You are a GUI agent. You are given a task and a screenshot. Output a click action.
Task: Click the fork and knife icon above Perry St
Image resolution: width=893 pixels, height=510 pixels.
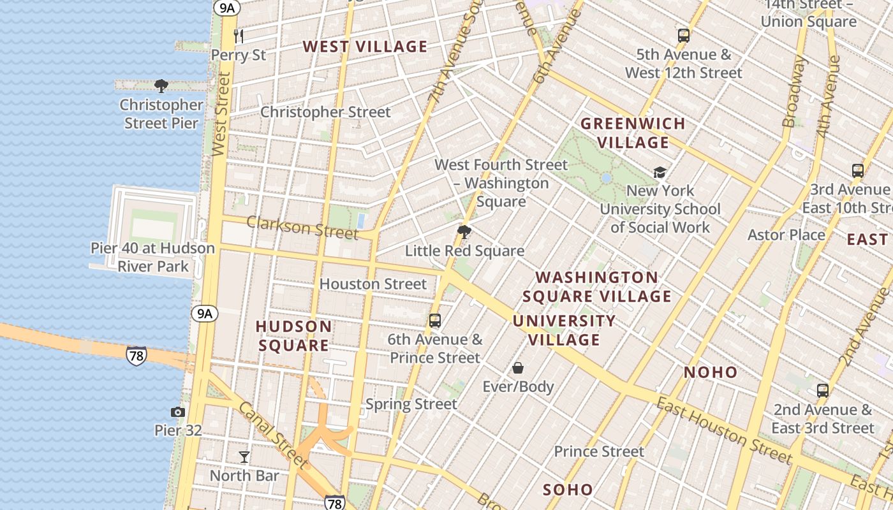(239, 36)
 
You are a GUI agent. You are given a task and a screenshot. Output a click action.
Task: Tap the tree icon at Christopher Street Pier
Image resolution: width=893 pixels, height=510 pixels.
(161, 86)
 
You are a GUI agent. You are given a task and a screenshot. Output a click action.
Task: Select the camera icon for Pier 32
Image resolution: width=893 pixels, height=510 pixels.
(178, 412)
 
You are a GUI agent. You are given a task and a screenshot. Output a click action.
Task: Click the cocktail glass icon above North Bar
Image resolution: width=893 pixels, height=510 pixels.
(244, 456)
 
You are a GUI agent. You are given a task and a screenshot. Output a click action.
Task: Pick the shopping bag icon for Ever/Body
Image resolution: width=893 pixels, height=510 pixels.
(518, 368)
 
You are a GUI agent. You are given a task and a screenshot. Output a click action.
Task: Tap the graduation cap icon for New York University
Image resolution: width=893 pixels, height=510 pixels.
(660, 172)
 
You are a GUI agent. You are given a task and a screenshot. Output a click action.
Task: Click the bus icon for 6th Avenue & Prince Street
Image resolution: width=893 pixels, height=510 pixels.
(435, 321)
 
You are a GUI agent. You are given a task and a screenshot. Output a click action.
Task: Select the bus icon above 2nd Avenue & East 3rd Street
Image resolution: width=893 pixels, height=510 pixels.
(823, 390)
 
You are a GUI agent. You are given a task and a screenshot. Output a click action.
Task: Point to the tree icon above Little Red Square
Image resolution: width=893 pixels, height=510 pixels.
(464, 232)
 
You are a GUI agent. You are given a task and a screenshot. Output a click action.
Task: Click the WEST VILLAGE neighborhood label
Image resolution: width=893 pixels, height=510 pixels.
(365, 47)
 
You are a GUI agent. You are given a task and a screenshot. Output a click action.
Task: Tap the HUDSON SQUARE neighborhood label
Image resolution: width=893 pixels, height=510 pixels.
(293, 336)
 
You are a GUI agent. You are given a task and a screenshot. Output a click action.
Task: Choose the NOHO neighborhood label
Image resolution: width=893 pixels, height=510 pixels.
(711, 372)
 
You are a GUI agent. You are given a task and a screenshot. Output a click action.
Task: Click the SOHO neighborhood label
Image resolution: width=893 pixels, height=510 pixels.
(568, 490)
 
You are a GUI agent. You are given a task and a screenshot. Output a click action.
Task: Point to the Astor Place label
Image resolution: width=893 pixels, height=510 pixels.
(786, 235)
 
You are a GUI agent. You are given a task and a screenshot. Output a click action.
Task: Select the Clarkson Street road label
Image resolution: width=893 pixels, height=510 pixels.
(302, 227)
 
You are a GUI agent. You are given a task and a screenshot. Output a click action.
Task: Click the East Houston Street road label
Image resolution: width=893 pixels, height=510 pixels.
(723, 430)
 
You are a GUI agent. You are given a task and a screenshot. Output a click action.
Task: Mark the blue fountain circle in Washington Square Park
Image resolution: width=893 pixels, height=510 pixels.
(606, 178)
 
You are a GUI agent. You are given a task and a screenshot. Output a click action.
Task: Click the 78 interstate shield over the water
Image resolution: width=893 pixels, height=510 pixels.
(136, 355)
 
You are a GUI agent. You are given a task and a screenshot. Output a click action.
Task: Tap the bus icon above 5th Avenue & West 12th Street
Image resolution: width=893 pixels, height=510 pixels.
(684, 35)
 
